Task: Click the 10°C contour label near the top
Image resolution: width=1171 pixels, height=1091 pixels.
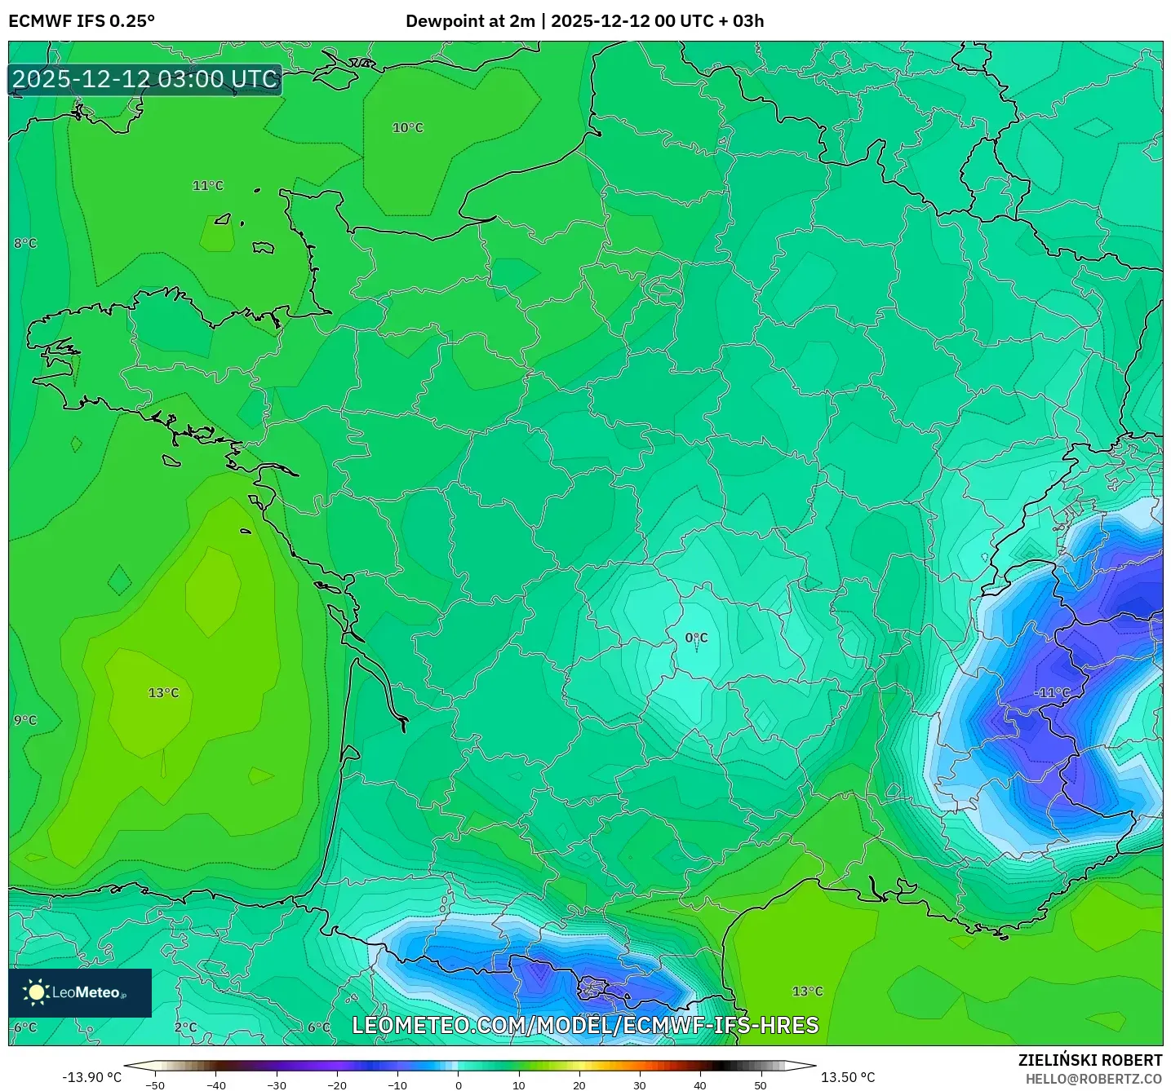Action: tap(408, 128)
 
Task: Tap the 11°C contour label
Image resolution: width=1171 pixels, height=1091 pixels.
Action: tap(207, 186)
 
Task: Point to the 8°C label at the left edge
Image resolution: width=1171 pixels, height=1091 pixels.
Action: tap(25, 243)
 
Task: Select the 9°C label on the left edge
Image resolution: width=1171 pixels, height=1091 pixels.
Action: tap(25, 720)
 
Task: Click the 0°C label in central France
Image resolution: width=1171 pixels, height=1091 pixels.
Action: tap(696, 638)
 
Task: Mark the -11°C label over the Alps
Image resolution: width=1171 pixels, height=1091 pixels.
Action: tap(1052, 692)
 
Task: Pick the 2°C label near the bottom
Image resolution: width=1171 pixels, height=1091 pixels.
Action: tap(185, 1027)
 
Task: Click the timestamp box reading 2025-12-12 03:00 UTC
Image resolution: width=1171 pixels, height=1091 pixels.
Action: tap(145, 79)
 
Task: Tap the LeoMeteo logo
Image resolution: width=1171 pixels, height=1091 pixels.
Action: tap(80, 992)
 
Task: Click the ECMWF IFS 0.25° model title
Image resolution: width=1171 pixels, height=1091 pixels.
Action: tap(82, 21)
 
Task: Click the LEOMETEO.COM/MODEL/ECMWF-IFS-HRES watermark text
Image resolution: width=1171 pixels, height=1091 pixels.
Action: tap(585, 1025)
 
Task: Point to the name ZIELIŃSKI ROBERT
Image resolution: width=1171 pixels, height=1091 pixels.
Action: tap(1089, 1060)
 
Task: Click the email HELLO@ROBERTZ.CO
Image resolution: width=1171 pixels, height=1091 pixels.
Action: tap(1093, 1079)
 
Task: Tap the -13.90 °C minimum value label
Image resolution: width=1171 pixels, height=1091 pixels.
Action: tap(91, 1077)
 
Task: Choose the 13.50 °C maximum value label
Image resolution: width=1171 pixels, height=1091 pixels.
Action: tap(847, 1077)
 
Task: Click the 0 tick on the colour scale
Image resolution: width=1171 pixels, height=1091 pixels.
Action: tap(458, 1084)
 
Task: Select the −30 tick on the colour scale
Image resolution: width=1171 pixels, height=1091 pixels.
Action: tap(276, 1084)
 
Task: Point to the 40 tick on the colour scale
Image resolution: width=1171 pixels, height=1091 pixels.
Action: tap(699, 1084)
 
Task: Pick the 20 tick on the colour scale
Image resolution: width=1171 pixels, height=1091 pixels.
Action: tap(579, 1084)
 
